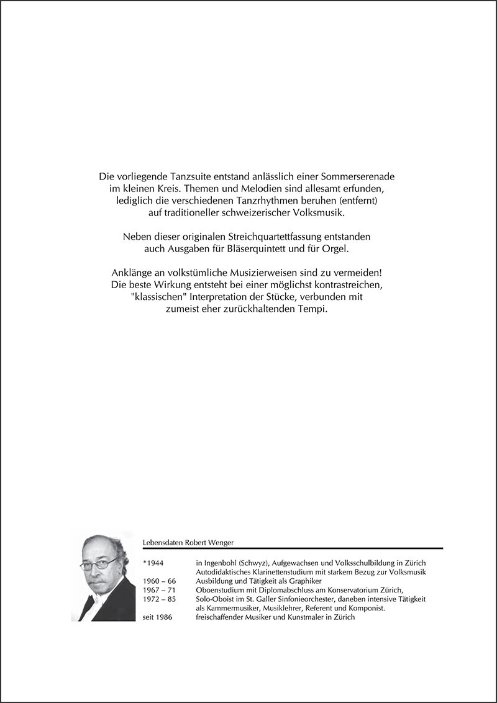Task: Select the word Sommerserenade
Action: [x=361, y=176]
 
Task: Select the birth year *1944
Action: [x=152, y=562]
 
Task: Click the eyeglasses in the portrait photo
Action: [x=99, y=564]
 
